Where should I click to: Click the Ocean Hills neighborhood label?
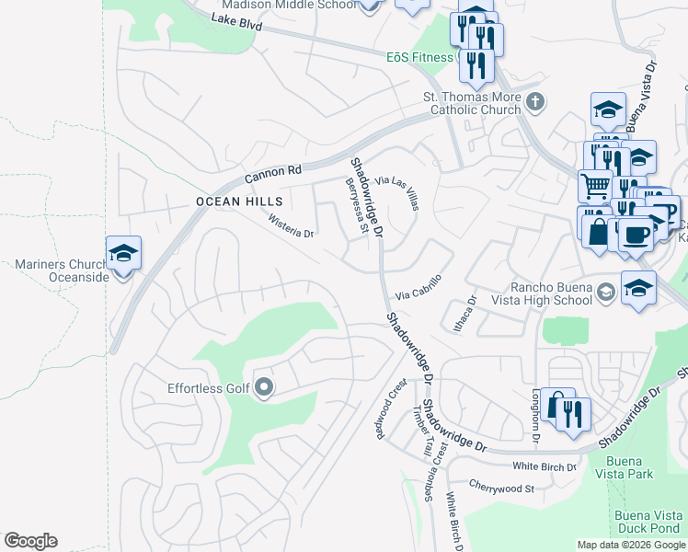click(x=230, y=201)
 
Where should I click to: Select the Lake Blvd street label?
click(x=236, y=22)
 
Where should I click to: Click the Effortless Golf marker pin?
click(x=264, y=387)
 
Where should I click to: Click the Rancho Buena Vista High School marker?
click(x=605, y=293)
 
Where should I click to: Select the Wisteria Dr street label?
click(x=291, y=226)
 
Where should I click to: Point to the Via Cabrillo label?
click(x=419, y=287)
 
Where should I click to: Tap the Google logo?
click(x=30, y=541)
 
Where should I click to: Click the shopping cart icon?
click(x=595, y=186)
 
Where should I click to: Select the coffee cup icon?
click(x=635, y=235)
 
